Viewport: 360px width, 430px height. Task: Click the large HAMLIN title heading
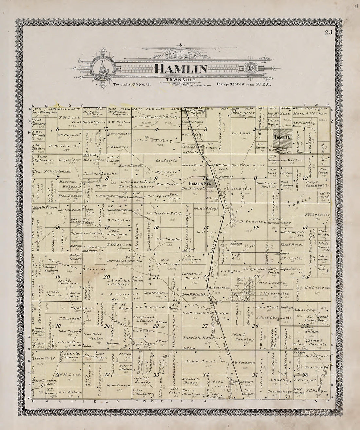point(181,69)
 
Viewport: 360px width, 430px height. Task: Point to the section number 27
point(205,326)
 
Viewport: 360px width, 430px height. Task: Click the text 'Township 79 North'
point(132,84)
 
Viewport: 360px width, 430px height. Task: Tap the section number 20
point(107,277)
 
